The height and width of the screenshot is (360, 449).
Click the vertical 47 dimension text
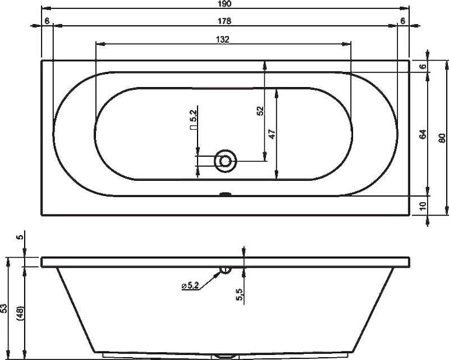272,134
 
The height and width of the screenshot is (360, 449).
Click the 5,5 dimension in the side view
240,294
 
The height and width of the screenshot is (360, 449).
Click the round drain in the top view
226,161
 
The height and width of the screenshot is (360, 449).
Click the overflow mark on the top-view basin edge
225,195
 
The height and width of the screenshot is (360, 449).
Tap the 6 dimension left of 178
47,21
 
